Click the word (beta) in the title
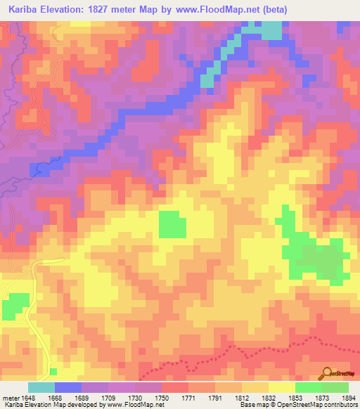pyautogui.click(x=267, y=8)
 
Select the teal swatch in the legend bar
pyautogui.click(x=41, y=387)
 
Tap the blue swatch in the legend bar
pyautogui.click(x=68, y=387)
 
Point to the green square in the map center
pyautogui.click(x=173, y=225)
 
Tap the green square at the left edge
pyautogui.click(x=14, y=306)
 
